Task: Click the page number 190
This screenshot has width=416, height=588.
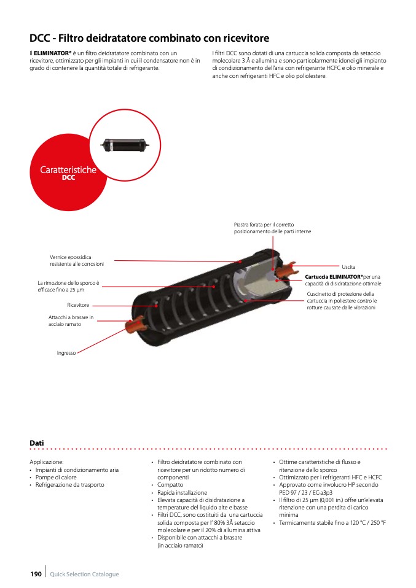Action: click(36, 574)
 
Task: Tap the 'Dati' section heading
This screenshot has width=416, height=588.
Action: click(36, 443)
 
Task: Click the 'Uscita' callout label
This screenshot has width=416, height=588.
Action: click(348, 268)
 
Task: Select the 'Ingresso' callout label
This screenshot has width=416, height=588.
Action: click(66, 353)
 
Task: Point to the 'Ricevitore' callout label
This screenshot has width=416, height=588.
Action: click(78, 305)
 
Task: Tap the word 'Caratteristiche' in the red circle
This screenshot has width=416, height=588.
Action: click(68, 169)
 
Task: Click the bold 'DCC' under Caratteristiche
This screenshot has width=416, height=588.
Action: click(68, 178)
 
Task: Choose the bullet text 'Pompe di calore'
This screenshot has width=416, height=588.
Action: click(56, 477)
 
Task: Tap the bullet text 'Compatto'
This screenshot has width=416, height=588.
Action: click(170, 485)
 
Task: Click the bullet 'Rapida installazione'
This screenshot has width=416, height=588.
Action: click(182, 492)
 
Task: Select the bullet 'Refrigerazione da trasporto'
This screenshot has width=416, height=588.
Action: click(69, 484)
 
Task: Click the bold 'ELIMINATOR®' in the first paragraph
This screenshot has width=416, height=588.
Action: click(52, 53)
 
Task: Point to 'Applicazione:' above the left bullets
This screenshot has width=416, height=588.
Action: click(47, 462)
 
